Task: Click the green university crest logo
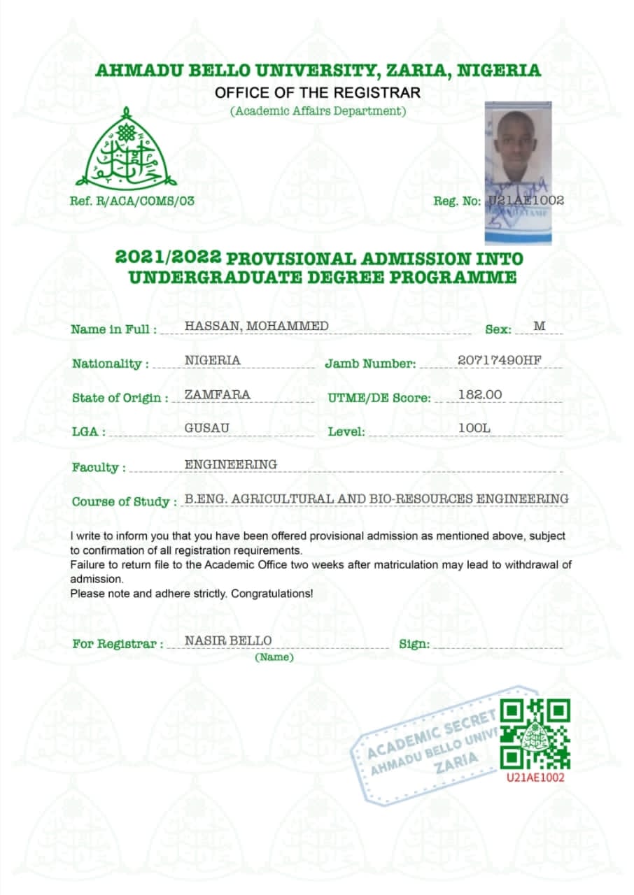point(126,148)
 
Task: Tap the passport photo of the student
point(518,172)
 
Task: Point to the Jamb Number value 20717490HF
point(499,360)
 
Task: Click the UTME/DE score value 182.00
point(480,394)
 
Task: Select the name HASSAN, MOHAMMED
point(256,327)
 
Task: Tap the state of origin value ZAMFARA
point(217,394)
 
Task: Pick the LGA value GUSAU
point(207,427)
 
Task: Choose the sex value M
point(539,327)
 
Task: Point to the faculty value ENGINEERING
point(230,464)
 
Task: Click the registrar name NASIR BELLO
point(228,640)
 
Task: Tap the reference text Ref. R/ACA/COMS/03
point(132,201)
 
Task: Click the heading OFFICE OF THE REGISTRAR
point(318,93)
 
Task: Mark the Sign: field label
point(414,644)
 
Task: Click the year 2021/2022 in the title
point(168,258)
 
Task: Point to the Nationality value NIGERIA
point(212,360)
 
